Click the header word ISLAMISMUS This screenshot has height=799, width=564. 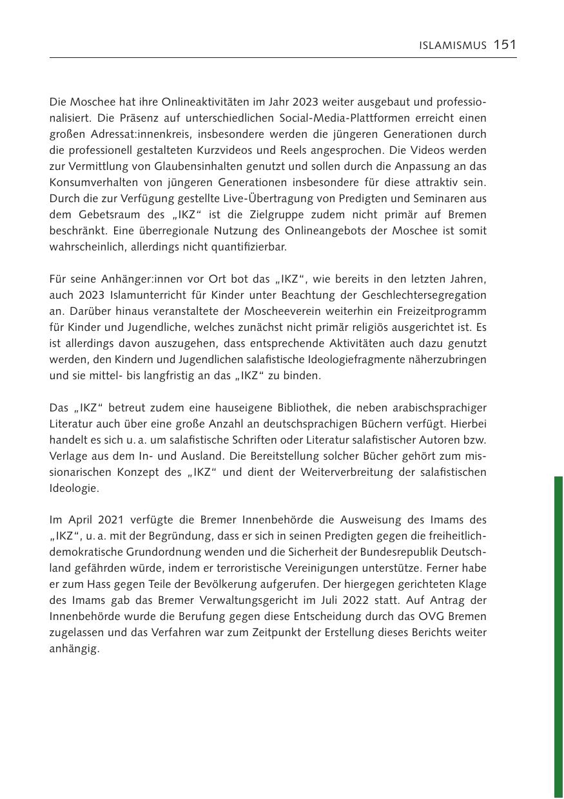[453, 45]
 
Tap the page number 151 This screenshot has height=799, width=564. [505, 44]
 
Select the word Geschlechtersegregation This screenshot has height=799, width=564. [418, 296]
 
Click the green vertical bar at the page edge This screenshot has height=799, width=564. [558, 637]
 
